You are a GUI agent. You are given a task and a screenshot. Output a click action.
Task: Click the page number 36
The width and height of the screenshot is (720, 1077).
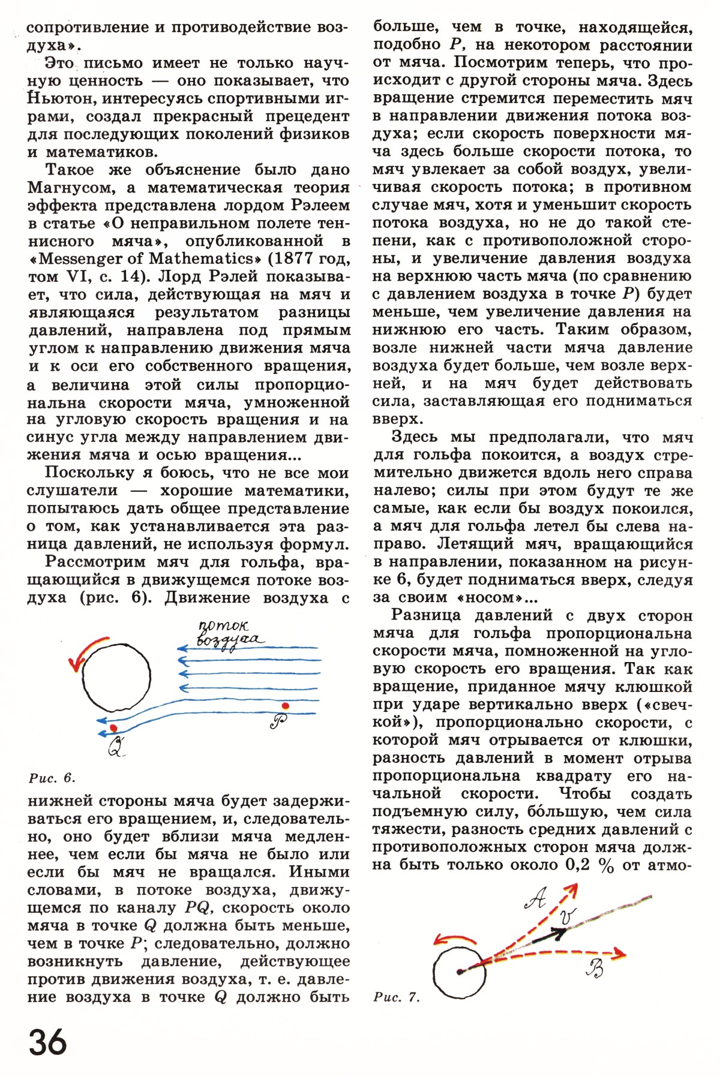point(47,1042)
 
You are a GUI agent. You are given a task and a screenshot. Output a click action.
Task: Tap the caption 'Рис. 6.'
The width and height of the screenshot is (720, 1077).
point(52,778)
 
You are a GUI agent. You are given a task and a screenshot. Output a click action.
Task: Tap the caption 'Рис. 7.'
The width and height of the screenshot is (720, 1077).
point(396,998)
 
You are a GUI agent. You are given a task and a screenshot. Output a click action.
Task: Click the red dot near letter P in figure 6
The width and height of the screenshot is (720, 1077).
point(286,705)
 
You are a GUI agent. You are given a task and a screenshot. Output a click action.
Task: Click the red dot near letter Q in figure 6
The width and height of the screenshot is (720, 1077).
point(113,727)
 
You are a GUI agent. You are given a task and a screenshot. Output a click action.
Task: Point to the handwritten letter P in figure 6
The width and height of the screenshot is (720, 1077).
point(278,721)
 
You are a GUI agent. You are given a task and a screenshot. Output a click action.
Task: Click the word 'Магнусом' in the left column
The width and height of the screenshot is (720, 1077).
point(70,188)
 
